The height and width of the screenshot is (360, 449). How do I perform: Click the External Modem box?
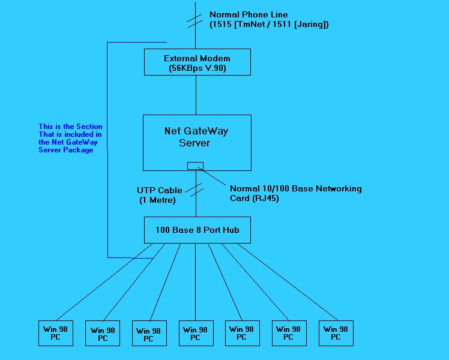197,62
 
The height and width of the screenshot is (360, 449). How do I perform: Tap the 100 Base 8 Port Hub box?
197,230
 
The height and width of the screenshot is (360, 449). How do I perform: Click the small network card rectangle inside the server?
195,166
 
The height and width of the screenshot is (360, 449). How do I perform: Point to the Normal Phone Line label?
249,14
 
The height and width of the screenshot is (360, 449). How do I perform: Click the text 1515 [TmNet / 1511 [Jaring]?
269,25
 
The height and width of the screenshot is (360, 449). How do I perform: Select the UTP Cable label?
159,190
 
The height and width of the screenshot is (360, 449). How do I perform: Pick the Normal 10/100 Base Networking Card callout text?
295,188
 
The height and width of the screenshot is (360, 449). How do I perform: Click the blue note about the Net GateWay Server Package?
70,139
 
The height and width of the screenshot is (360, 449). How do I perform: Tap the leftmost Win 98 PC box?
56,333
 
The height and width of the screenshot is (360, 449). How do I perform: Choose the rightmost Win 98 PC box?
336,333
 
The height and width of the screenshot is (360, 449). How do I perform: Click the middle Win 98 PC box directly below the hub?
196,333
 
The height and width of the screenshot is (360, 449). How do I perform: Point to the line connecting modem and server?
196,95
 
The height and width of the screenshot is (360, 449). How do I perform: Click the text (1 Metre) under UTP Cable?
157,200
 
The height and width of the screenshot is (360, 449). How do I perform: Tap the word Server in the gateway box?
195,143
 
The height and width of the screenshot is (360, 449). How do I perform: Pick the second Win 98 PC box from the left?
103,334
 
